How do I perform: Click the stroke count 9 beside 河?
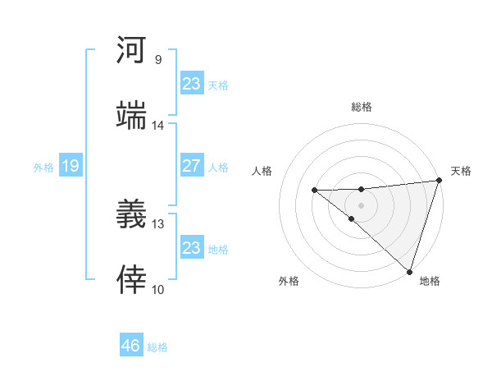click(x=158, y=60)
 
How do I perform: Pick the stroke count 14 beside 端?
click(x=158, y=126)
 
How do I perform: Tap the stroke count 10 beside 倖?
click(x=158, y=289)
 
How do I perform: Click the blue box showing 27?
click(x=191, y=166)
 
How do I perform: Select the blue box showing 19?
click(x=70, y=167)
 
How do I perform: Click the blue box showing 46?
click(x=130, y=346)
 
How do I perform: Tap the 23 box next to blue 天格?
click(x=191, y=84)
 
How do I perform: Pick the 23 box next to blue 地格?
click(x=191, y=248)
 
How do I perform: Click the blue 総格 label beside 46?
click(x=157, y=347)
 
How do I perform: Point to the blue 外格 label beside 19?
click(x=43, y=168)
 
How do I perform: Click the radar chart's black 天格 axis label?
click(x=461, y=171)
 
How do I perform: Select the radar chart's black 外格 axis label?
click(x=289, y=281)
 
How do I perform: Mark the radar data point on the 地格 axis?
click(x=409, y=271)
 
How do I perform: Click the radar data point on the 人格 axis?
click(x=314, y=191)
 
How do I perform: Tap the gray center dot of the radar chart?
click(x=361, y=204)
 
